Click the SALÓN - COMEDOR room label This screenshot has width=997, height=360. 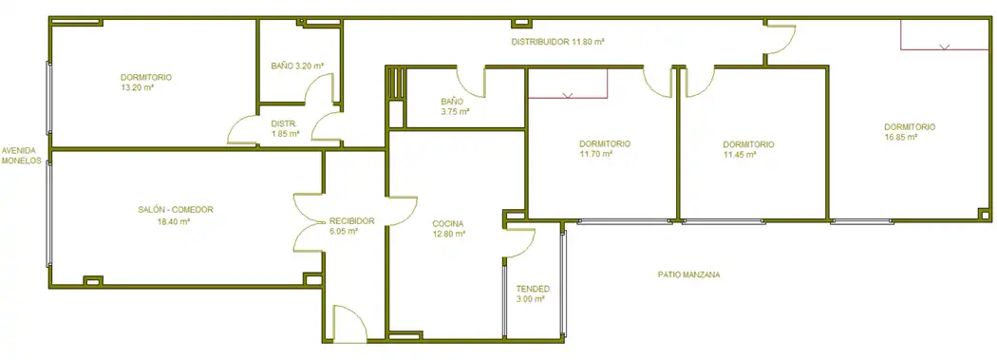(176, 209)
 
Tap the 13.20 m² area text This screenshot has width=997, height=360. (138, 87)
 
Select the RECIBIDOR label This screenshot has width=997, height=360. (351, 221)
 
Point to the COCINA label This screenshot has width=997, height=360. (448, 224)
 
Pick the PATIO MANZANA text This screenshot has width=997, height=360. (688, 275)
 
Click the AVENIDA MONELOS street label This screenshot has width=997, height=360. (22, 156)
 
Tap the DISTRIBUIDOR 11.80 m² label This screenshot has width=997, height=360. (557, 42)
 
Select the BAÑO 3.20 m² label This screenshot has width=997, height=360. (297, 66)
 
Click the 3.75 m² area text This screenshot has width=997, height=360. (455, 111)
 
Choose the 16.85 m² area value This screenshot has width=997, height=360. (900, 137)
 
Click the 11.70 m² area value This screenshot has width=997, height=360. (595, 154)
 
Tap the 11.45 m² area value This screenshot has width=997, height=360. (740, 155)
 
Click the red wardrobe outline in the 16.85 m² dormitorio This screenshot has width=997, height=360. (944, 35)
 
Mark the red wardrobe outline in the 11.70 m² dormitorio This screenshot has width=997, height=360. (568, 84)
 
